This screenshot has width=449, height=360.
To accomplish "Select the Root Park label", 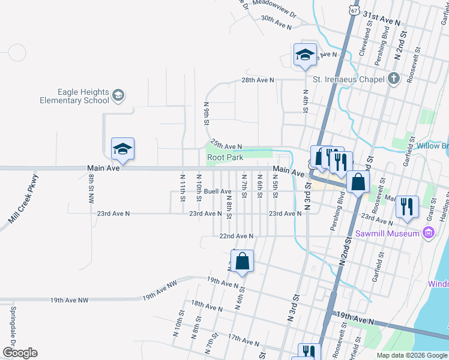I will [x=225, y=157].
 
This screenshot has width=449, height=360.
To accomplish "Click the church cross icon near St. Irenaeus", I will [x=393, y=79].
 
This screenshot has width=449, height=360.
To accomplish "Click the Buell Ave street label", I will [x=217, y=192].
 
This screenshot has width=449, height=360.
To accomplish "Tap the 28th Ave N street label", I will [x=258, y=80].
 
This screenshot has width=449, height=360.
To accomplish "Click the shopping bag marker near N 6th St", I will [x=242, y=262].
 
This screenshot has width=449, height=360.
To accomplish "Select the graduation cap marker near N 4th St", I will [x=305, y=55].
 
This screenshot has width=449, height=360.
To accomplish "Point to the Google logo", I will [x=20, y=353].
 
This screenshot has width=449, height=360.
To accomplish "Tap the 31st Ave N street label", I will [x=381, y=20].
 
